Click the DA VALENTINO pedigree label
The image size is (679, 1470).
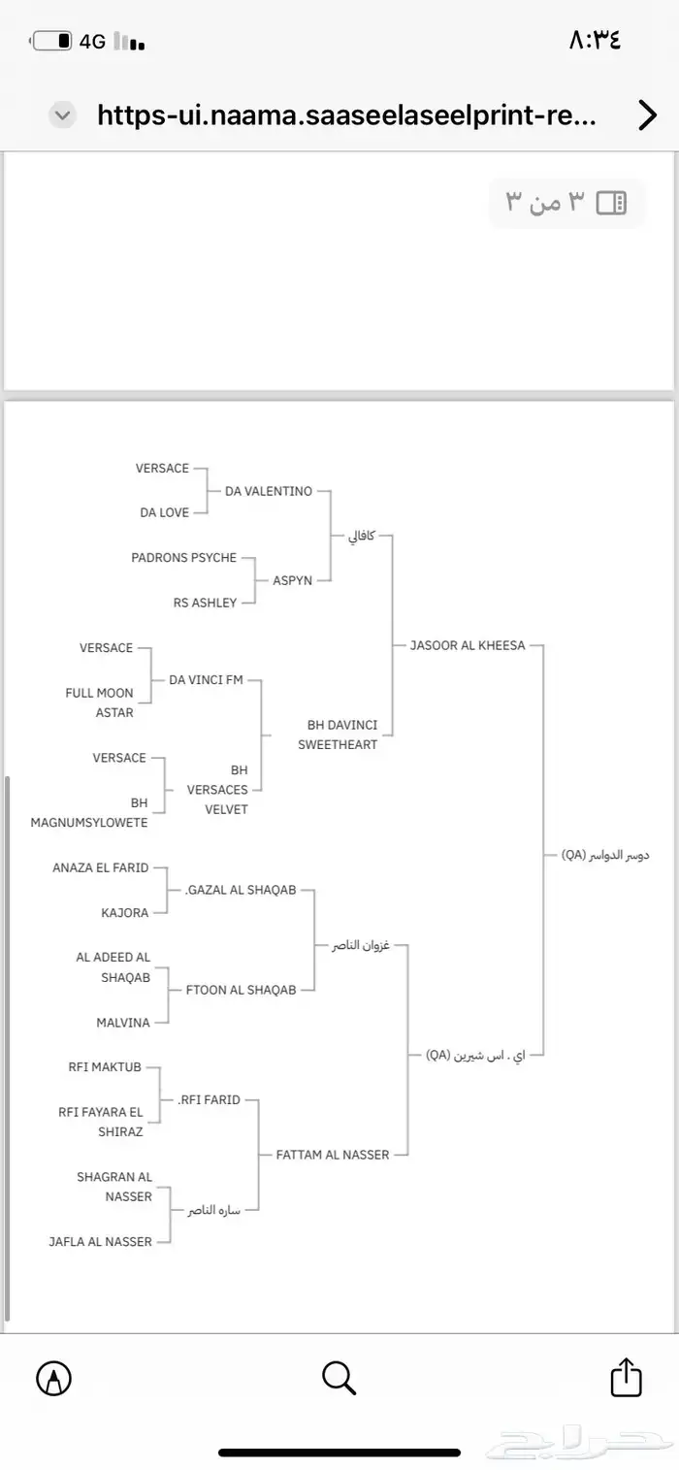tap(269, 491)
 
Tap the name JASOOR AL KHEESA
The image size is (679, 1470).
tap(468, 645)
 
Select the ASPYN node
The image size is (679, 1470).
tap(292, 580)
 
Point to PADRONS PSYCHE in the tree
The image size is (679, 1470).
tap(184, 558)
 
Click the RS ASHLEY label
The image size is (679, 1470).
tap(205, 603)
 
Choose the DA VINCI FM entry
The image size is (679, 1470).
tap(206, 680)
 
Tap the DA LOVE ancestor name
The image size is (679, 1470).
tap(164, 512)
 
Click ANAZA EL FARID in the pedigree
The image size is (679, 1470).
tap(101, 867)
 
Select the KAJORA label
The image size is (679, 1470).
tap(125, 913)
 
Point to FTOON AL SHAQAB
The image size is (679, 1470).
tap(241, 990)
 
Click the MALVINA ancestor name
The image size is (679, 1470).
tap(123, 1023)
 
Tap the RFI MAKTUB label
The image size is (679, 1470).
tap(105, 1067)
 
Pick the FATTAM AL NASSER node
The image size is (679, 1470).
tap(333, 1155)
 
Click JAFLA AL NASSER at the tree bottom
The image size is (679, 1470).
tap(101, 1241)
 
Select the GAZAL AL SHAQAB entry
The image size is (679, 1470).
tap(241, 890)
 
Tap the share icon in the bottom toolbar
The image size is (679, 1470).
tap(626, 1377)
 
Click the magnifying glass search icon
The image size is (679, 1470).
tap(339, 1377)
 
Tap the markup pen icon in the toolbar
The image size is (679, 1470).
tap(53, 1377)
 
